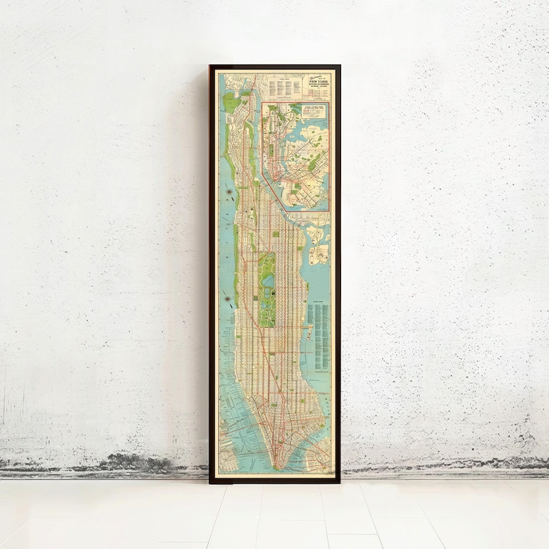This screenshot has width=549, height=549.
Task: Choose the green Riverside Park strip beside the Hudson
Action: point(237,261)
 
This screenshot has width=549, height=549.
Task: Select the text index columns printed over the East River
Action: point(319,336)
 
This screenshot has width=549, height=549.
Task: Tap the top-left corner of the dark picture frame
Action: point(211,67)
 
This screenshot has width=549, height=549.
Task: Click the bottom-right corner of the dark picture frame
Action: point(340,482)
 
